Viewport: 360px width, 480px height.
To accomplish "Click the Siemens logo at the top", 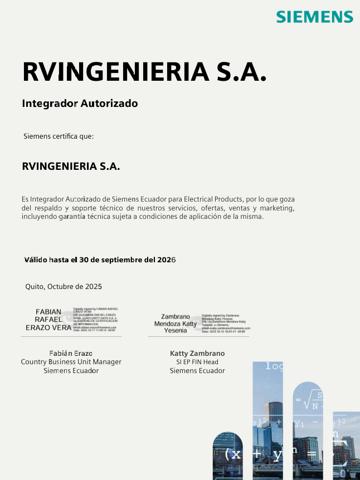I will point(315,17).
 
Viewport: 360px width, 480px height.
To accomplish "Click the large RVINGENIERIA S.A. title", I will point(144,72).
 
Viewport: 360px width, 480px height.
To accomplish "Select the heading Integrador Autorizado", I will point(80,104).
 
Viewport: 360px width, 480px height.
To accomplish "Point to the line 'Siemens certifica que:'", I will point(59,136).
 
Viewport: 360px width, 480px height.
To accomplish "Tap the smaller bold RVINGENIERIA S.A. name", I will point(71,166).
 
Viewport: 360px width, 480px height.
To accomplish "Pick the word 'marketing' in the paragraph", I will point(276,208).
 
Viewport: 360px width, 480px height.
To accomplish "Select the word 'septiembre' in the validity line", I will point(121,259).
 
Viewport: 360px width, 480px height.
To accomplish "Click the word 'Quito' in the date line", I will point(34,287).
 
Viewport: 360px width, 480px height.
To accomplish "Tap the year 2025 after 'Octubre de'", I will point(93,287).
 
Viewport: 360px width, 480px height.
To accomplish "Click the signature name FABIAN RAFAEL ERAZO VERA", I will point(48,320).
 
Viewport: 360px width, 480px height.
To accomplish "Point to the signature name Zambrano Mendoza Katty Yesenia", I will point(176,324).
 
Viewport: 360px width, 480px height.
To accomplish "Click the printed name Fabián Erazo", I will point(71,353).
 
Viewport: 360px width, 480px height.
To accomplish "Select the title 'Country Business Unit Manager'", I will point(71,362).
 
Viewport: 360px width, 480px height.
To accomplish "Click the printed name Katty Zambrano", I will point(197,353).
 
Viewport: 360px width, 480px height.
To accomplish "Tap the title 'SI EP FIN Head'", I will point(197,362).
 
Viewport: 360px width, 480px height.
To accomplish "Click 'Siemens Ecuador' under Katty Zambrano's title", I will point(197,371).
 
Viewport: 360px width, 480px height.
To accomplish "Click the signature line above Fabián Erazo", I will point(71,336).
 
